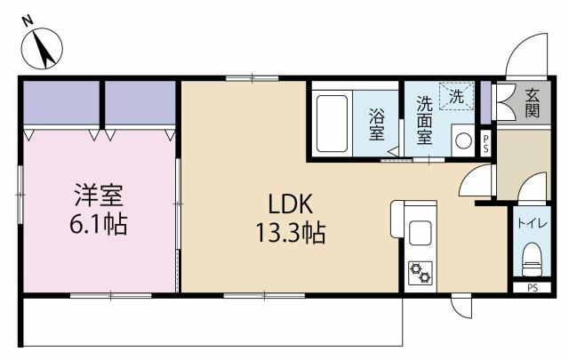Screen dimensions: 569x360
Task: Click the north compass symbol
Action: (x=42, y=47)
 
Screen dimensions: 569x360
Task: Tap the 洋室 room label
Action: (x=99, y=196)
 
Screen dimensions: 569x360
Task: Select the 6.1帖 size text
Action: (x=99, y=224)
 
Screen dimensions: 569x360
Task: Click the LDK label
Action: (x=290, y=204)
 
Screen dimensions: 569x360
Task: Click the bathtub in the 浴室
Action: (x=332, y=124)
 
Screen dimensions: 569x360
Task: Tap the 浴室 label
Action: (x=377, y=124)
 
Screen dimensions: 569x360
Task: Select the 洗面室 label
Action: (x=424, y=120)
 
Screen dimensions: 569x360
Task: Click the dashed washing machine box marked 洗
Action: (x=457, y=96)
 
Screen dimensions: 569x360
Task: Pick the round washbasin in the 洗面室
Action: (x=463, y=140)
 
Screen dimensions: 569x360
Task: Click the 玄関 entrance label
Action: (x=533, y=103)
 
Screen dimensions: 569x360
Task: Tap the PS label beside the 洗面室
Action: (x=485, y=144)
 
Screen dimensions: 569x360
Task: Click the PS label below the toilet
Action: (x=533, y=288)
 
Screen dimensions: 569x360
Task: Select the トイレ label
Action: (x=532, y=223)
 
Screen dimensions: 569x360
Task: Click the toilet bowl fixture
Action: (x=532, y=260)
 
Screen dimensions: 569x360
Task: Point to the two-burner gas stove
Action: (x=421, y=273)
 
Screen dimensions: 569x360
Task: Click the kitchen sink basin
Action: (x=421, y=234)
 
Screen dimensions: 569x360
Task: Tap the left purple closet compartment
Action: (x=61, y=103)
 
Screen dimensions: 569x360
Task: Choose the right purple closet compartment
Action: (x=140, y=103)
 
